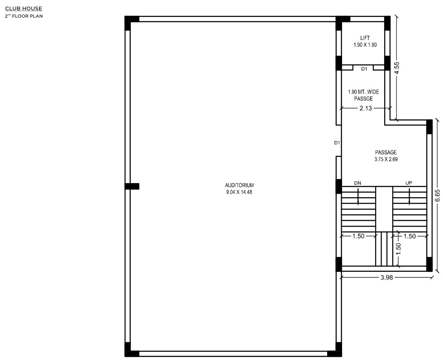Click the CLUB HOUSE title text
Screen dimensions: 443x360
24,9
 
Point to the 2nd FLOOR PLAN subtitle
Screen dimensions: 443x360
24,16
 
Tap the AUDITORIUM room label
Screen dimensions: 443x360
239,185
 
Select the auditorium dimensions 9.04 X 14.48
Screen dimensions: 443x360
239,192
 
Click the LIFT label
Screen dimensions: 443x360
365,38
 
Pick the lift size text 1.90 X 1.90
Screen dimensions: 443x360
365,45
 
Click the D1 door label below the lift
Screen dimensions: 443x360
364,69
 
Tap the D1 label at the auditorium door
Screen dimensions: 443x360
337,143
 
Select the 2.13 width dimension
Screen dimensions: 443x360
366,108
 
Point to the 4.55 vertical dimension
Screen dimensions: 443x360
397,68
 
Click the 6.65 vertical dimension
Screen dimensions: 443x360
438,195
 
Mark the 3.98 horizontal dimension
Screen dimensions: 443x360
386,277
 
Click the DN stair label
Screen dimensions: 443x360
357,183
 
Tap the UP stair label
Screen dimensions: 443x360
409,183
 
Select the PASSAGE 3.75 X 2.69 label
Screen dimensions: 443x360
386,156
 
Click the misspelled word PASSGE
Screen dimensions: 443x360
364,99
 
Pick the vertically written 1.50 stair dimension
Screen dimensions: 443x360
398,249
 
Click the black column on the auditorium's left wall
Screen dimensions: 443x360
132,186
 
